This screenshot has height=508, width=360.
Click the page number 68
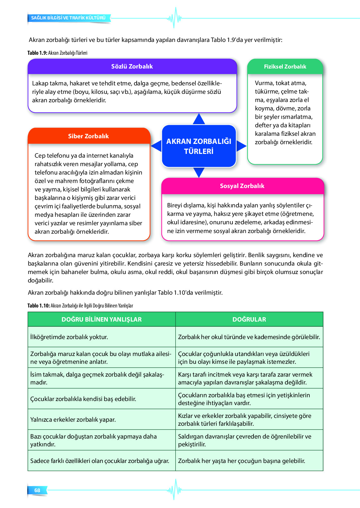coord(37,490)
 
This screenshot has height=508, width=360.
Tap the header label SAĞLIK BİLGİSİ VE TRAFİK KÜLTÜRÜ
coord(68,18)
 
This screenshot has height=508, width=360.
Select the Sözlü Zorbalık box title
coord(132,66)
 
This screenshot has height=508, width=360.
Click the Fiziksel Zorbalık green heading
coord(285,67)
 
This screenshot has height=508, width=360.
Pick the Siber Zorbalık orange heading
coord(88,136)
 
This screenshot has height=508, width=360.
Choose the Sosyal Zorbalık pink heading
coord(242,186)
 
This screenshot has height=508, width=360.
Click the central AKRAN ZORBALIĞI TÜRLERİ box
coord(199,146)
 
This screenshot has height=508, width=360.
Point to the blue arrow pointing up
coord(199,119)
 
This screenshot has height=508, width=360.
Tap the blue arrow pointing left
coord(157,146)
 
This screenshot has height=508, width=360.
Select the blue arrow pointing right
coord(241,146)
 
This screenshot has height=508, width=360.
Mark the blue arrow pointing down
coord(199,172)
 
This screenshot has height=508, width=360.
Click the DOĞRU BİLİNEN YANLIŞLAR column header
coord(102,319)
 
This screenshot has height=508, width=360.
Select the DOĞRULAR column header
coord(249,319)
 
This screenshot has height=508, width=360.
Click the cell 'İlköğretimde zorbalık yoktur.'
coord(69,337)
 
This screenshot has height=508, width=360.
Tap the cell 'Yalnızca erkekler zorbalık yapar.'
coord(73,419)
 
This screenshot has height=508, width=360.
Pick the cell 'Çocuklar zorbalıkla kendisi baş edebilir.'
coord(83,399)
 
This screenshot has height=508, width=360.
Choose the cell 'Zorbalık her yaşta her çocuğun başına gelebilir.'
coord(242,461)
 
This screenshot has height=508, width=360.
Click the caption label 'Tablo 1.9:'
coord(37,53)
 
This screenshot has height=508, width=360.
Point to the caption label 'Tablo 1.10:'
coord(38,306)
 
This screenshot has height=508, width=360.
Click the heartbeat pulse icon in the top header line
coord(174,18)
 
